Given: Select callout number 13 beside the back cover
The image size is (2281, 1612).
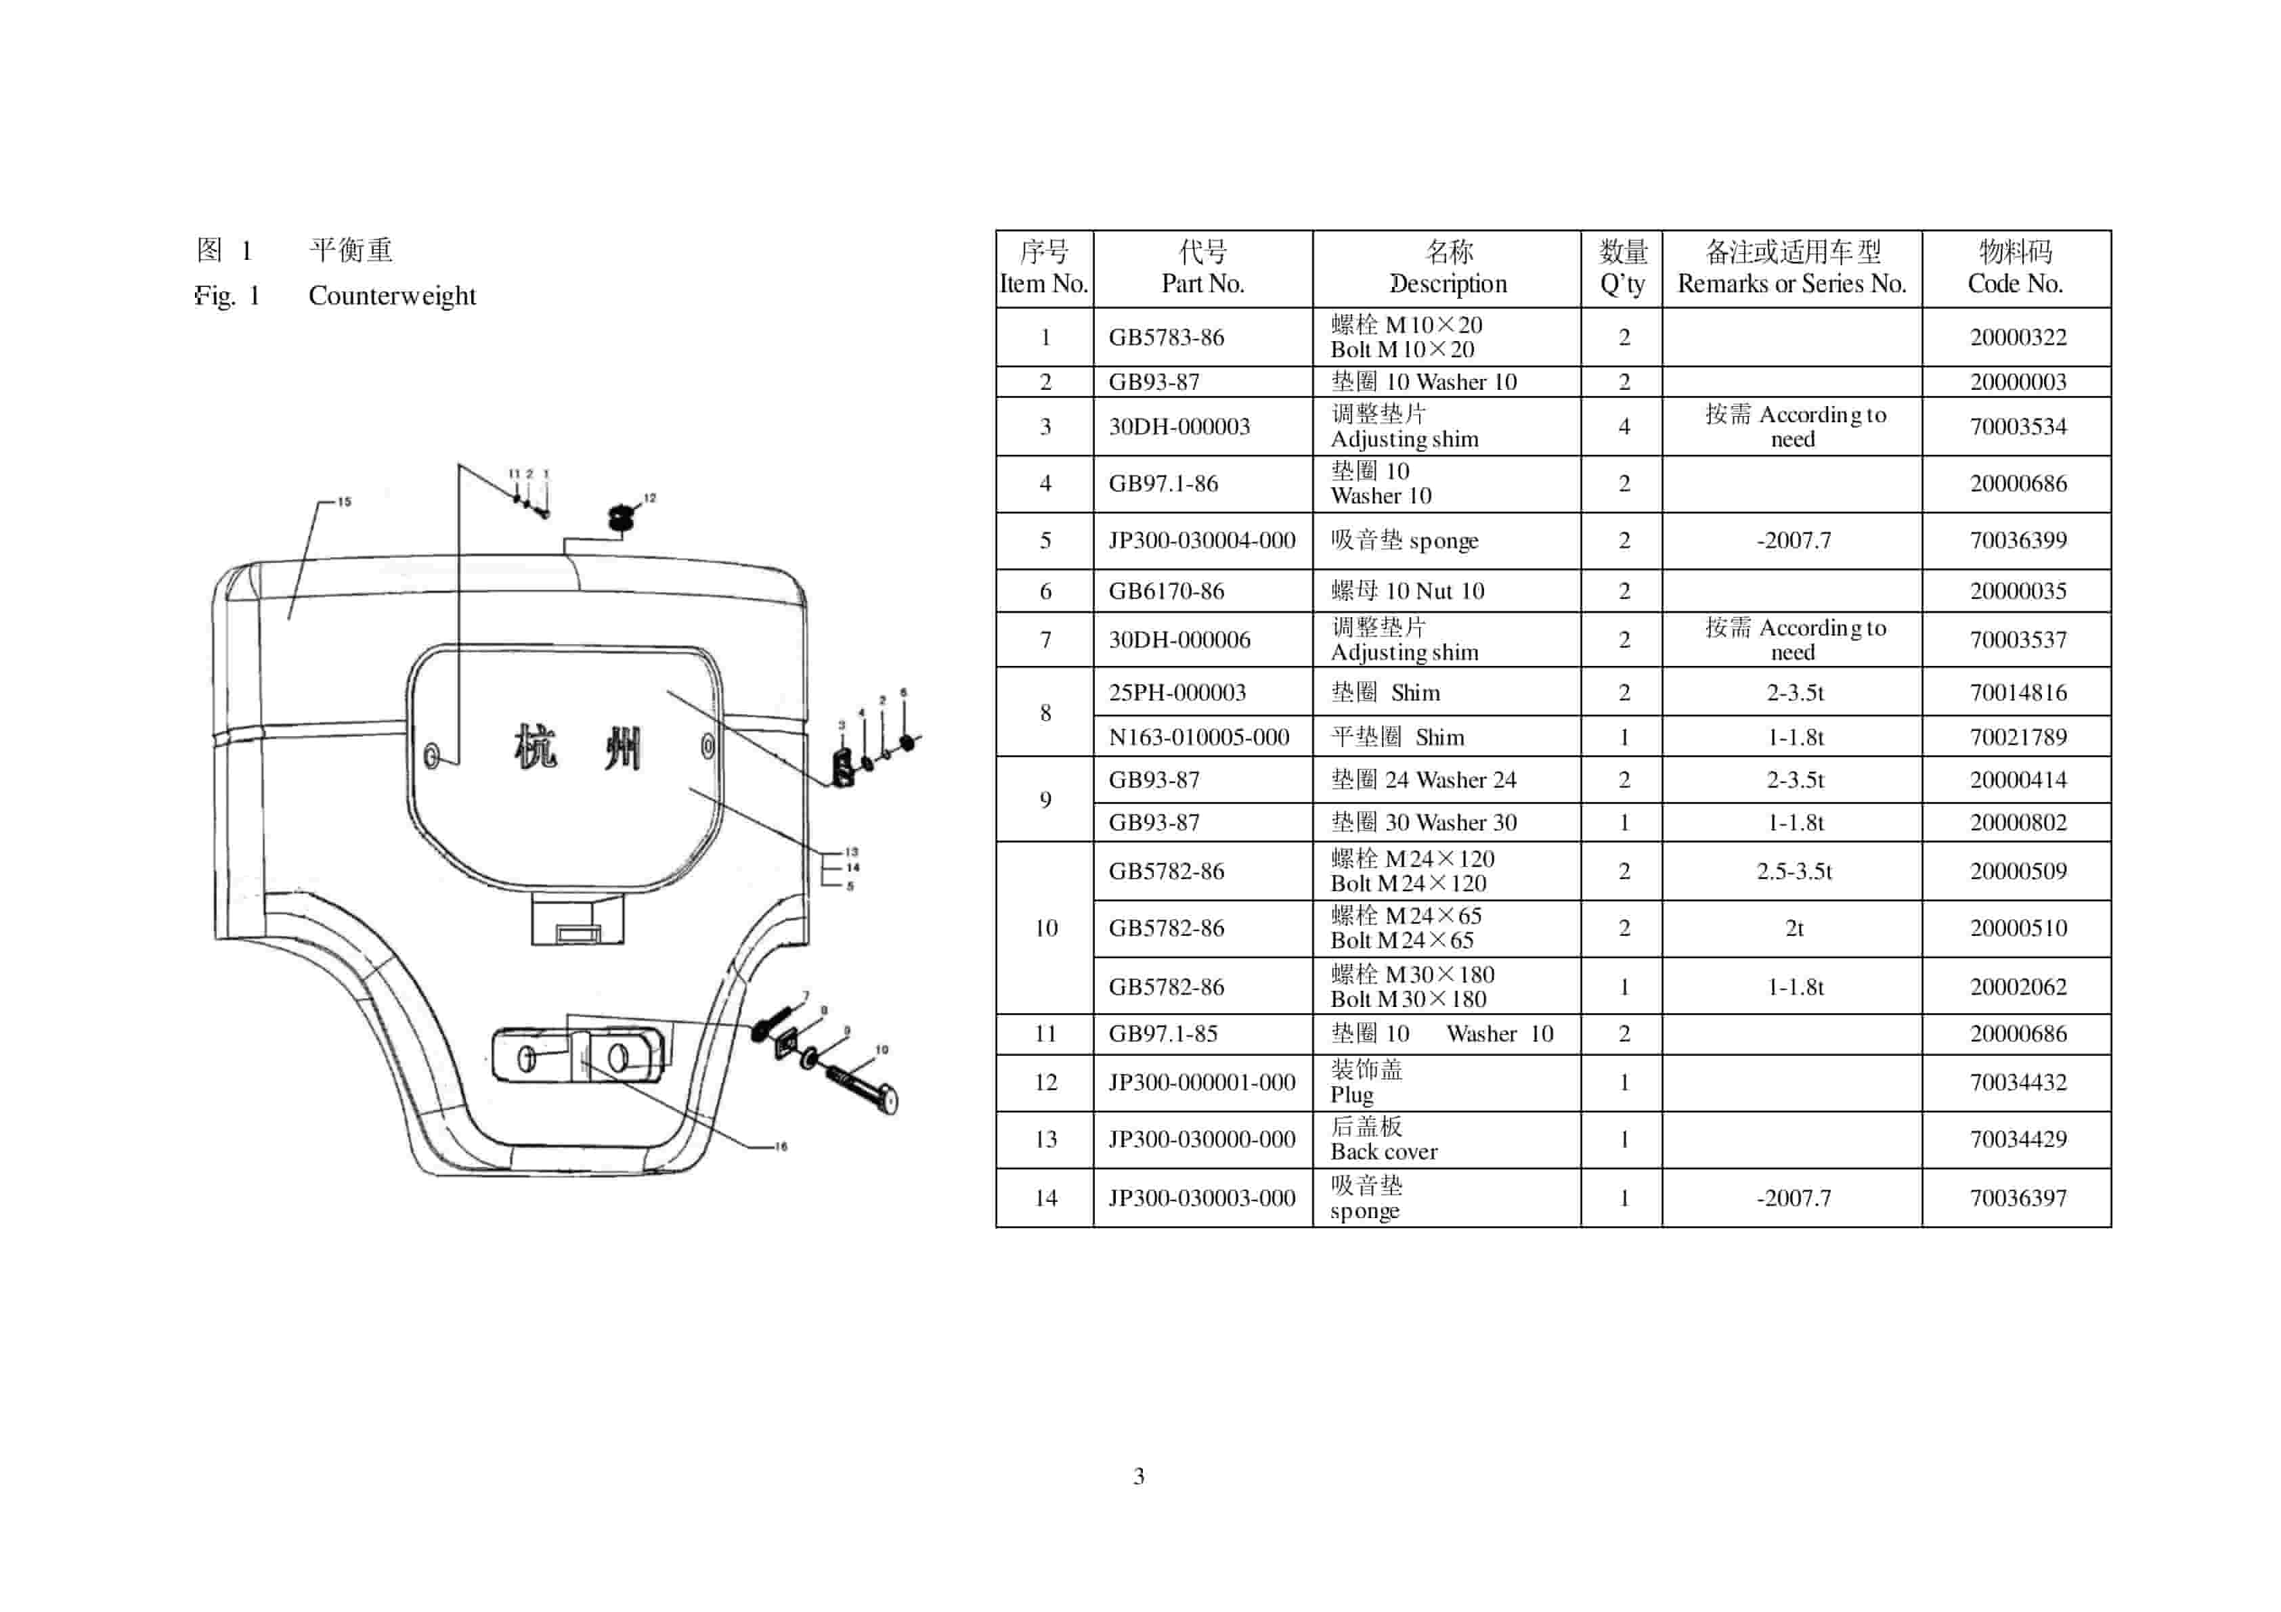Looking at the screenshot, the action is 852,851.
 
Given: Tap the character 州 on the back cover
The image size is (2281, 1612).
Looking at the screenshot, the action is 623,748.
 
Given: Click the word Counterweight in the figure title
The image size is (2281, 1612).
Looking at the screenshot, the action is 393,296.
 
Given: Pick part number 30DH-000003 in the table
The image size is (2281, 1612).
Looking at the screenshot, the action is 1179,427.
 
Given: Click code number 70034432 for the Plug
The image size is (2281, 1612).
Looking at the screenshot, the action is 2018,1083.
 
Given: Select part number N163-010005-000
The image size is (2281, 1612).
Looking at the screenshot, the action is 1198,737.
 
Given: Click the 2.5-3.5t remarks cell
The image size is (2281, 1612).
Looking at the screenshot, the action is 1794,871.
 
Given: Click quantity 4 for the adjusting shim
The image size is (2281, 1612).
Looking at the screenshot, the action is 1624,427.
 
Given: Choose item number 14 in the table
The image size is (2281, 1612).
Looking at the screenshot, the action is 1045,1198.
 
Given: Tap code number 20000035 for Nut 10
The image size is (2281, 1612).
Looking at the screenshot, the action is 2018,591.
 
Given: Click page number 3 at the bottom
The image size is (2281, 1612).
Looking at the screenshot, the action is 1139,1477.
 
